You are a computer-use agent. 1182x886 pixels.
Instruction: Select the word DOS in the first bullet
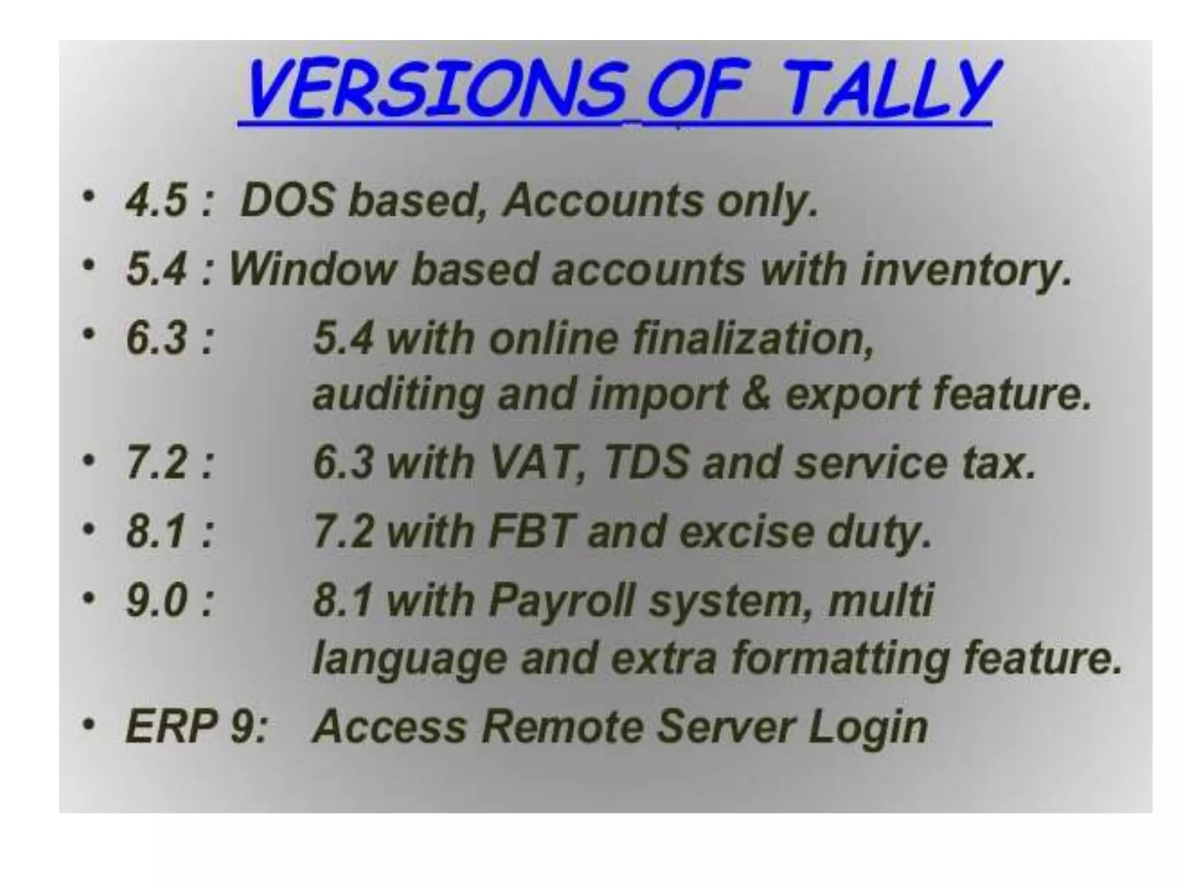tap(287, 201)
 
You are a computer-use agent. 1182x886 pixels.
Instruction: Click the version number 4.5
tap(156, 201)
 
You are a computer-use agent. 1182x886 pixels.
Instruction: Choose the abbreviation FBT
tap(532, 531)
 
